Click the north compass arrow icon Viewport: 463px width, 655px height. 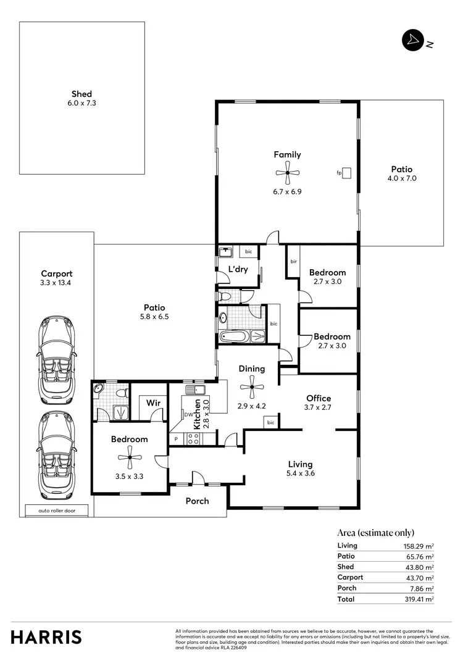point(412,41)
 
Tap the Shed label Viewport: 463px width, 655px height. point(81,94)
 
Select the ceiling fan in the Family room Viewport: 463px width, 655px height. point(288,175)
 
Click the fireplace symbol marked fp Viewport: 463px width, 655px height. point(347,173)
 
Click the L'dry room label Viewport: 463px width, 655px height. point(238,269)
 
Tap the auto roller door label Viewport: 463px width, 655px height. point(56,511)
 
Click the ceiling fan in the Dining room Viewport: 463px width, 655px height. point(251,390)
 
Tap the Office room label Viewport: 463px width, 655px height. point(319,398)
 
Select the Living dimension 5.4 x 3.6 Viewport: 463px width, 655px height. point(301,474)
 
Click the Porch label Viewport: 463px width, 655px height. point(198,501)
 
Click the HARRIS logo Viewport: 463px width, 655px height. point(46,636)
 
